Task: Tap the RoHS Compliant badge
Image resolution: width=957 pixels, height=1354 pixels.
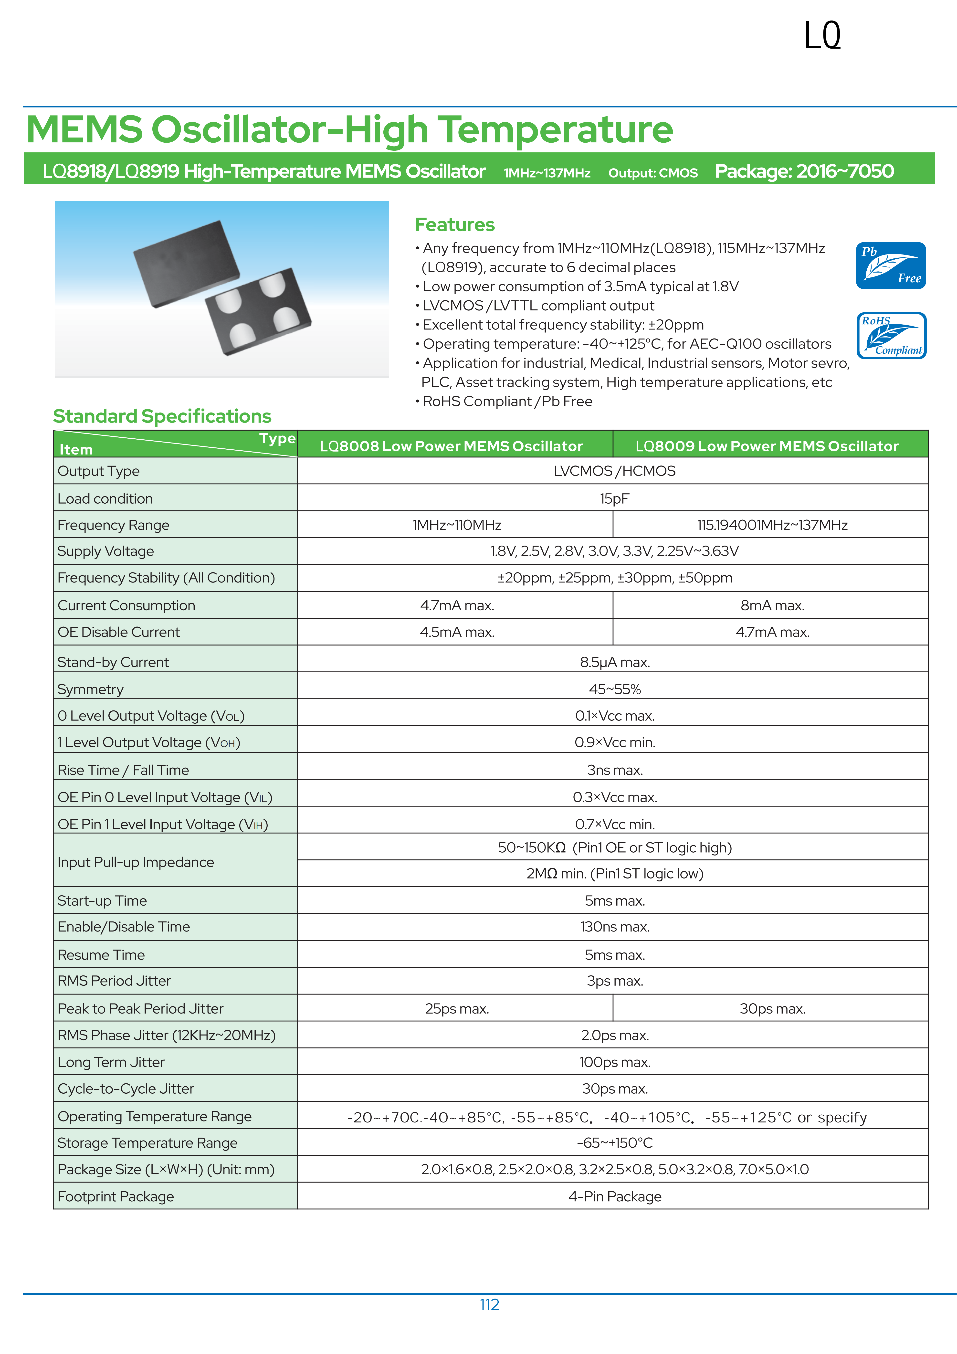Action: tap(891, 336)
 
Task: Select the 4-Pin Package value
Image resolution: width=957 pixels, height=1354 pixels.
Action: tap(614, 1196)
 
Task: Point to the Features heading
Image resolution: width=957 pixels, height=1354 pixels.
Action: tap(455, 225)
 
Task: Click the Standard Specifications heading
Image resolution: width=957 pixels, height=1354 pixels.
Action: tap(162, 416)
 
